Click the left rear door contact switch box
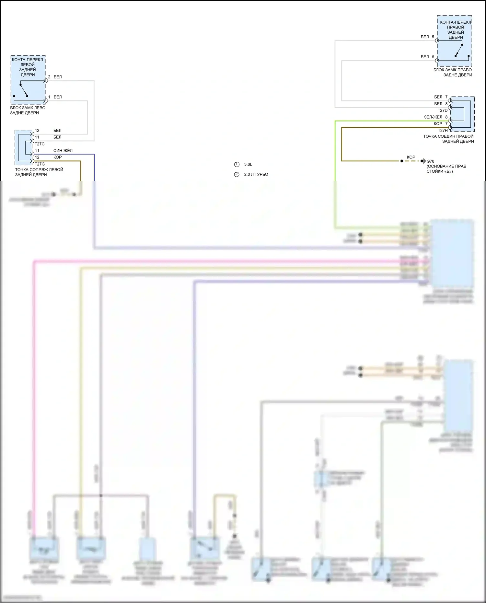pyautogui.click(x=28, y=80)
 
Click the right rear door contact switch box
pyautogui.click(x=454, y=41)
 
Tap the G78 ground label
pyautogui.click(x=430, y=161)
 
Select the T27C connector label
pyautogui.click(x=40, y=144)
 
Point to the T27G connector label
pyautogui.click(x=40, y=164)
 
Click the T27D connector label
pyautogui.click(x=442, y=110)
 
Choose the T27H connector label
pyautogui.click(x=443, y=131)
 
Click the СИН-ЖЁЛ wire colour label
pyautogui.click(x=63, y=151)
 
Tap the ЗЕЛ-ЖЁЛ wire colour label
pyautogui.click(x=433, y=117)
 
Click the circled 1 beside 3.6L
pyautogui.click(x=237, y=164)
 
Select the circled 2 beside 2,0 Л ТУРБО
pyautogui.click(x=237, y=174)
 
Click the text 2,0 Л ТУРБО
pyautogui.click(x=256, y=174)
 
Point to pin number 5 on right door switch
pyautogui.click(x=433, y=37)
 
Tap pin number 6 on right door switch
pyautogui.click(x=433, y=57)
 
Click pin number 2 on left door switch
pyautogui.click(x=49, y=77)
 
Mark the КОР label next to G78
pyautogui.click(x=411, y=157)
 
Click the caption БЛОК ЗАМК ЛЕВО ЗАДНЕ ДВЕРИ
pyautogui.click(x=28, y=110)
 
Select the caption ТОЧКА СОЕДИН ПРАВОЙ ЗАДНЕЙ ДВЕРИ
pyautogui.click(x=448, y=139)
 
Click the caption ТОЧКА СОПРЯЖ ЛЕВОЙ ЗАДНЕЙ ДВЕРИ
pyautogui.click(x=39, y=172)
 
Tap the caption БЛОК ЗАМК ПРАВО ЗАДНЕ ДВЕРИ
pyautogui.click(x=453, y=72)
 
